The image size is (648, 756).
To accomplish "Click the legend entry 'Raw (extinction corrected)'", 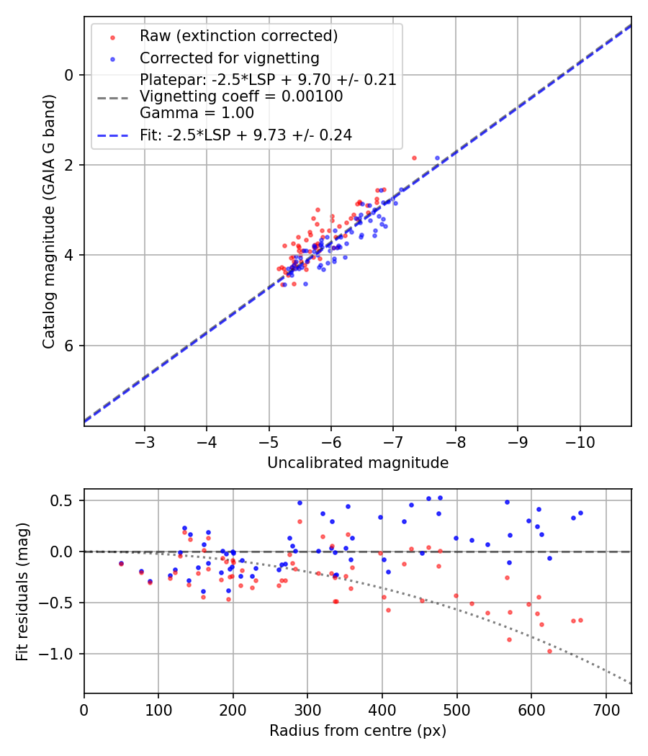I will [x=238, y=36].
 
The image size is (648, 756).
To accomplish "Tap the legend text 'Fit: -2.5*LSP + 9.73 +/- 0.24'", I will [x=246, y=135].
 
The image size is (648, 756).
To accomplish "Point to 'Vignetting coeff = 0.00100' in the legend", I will [x=241, y=96].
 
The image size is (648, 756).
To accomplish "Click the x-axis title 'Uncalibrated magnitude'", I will [x=358, y=463].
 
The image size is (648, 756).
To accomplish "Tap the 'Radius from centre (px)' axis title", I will [x=358, y=731].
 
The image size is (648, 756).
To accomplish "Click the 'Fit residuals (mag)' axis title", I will [x=22, y=591].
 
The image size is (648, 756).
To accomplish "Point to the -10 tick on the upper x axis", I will [x=580, y=441].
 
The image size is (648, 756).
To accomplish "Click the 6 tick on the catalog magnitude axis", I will [x=70, y=346].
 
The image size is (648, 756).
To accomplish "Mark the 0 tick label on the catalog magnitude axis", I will [x=70, y=75].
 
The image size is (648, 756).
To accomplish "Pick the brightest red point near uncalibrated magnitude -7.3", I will [x=414, y=158].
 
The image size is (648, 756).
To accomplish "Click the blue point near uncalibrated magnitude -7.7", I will [x=437, y=158].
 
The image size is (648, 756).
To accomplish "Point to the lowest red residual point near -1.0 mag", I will [x=549, y=651].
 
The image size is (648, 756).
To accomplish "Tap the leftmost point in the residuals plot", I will [x=121, y=563].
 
